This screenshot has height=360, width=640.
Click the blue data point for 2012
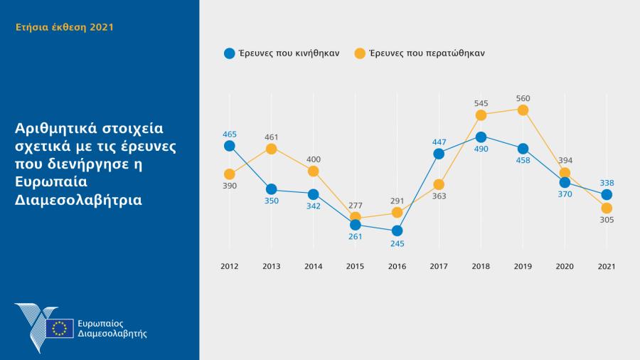click(x=229, y=146)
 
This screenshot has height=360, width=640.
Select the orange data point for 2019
click(x=523, y=110)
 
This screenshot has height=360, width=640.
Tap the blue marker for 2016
click(x=397, y=231)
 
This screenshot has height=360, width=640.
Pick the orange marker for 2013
click(x=271, y=149)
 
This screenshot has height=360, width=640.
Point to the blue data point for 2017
click(x=439, y=154)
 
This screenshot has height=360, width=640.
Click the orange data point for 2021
click(x=607, y=208)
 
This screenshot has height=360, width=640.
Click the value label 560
click(x=523, y=98)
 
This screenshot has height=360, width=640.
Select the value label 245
click(x=397, y=244)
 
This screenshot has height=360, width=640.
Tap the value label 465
click(x=229, y=134)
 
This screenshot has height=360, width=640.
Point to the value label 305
click(x=607, y=220)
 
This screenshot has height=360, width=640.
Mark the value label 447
click(x=439, y=142)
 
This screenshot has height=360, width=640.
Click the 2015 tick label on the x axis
click(x=355, y=266)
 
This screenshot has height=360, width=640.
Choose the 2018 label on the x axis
click(x=481, y=266)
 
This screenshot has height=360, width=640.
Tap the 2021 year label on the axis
click(x=607, y=266)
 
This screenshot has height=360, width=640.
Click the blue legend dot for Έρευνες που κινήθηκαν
click(x=229, y=53)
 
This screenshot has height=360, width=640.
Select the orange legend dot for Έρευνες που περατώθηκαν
click(x=360, y=53)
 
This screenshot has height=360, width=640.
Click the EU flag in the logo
click(x=60, y=328)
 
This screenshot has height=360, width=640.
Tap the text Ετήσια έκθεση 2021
click(x=65, y=27)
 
